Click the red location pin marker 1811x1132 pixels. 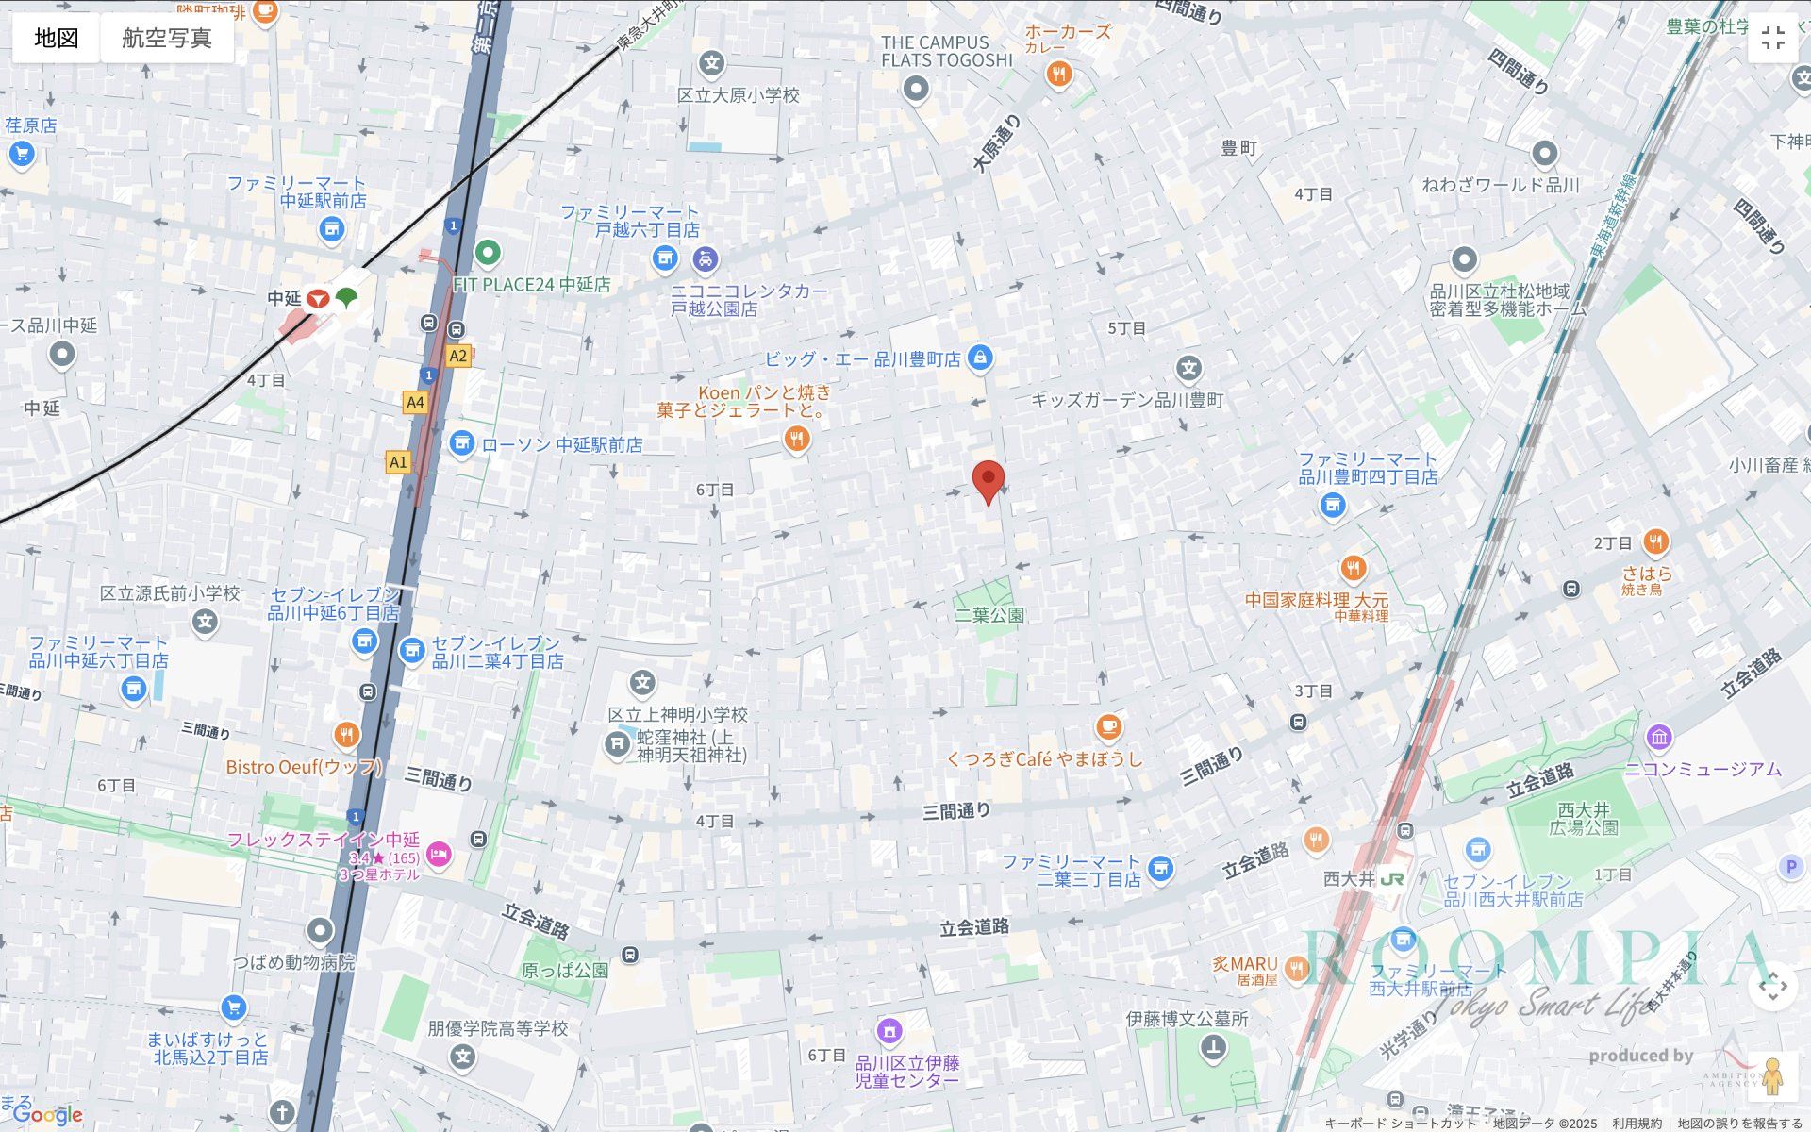[988, 480]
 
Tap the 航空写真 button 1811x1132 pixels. [167, 38]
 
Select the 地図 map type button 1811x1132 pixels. [57, 38]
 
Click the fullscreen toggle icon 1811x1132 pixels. [1772, 38]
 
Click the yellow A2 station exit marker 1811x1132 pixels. [457, 356]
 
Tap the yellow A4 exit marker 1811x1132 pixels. [415, 403]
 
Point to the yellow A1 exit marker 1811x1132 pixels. [398, 462]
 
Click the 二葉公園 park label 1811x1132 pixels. [989, 615]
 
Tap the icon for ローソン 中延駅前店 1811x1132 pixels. [461, 443]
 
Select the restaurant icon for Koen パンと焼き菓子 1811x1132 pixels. [797, 439]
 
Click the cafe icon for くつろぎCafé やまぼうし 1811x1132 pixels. [1108, 727]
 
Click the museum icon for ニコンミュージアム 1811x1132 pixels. [1659, 737]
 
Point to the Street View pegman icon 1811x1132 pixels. [1772, 1076]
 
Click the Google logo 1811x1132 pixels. [48, 1116]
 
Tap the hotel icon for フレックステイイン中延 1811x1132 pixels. [439, 855]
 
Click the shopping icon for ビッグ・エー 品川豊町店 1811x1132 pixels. [980, 358]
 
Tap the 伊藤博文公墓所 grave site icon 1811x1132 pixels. [1213, 1047]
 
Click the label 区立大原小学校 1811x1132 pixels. [738, 95]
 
